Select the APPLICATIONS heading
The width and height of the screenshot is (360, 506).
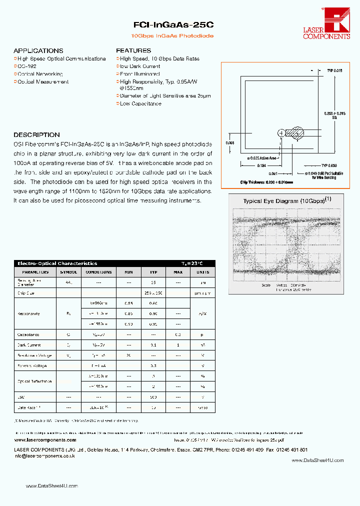pos(38,51)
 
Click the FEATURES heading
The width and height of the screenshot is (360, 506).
pos(133,51)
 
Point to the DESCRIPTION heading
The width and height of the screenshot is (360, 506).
pos(36,135)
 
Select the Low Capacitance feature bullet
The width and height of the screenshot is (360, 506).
pos(140,104)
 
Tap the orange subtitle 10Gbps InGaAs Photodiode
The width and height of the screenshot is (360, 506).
pos(172,36)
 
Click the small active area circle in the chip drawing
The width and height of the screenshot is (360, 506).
pos(281,132)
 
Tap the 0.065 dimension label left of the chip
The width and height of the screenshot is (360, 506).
pos(230,143)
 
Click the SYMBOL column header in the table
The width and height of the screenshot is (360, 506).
pos(69,272)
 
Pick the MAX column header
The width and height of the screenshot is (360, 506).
pos(177,272)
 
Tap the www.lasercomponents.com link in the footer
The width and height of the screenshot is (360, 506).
pos(45,440)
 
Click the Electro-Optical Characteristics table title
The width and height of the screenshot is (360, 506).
pos(57,263)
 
